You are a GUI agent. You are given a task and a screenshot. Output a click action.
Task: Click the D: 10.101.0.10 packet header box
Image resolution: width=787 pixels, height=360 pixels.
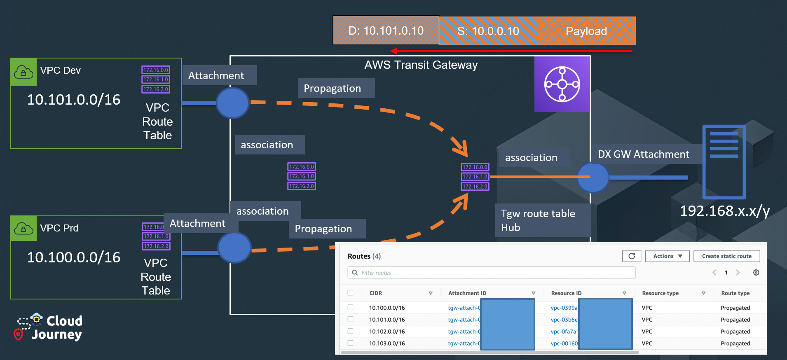[x=386, y=30]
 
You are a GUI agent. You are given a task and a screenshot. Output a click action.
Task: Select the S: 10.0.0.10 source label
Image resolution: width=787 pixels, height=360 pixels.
[x=488, y=31]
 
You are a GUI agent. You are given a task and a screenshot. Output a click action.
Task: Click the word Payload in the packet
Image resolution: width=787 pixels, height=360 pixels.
[x=586, y=31]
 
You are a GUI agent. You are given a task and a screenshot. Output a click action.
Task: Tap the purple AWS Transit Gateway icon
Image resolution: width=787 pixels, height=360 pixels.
[x=562, y=84]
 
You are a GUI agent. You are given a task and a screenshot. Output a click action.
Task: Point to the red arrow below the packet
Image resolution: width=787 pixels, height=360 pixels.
[x=511, y=51]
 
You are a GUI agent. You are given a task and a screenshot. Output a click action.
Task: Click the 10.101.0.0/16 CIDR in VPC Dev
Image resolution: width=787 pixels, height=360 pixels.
[x=74, y=100]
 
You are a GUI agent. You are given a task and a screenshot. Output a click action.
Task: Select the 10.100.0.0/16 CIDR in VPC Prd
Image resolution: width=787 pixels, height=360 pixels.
[x=74, y=257]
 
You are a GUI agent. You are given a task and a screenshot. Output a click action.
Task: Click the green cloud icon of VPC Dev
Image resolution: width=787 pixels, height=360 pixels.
[x=23, y=72]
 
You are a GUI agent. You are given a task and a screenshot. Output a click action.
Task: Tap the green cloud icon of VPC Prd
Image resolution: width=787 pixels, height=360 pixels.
[x=23, y=229]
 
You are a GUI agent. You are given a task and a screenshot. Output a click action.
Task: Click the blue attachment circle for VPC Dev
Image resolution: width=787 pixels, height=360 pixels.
[x=232, y=103]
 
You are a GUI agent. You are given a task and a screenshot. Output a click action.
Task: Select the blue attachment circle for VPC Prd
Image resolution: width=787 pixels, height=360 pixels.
[x=234, y=248]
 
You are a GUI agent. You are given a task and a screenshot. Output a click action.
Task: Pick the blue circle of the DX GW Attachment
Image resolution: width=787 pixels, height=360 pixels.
[x=593, y=178]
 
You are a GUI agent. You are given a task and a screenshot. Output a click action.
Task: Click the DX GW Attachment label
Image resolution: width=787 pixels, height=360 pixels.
[x=643, y=154]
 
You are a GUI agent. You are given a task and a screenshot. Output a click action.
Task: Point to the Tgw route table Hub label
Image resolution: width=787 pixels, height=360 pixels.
[x=538, y=220]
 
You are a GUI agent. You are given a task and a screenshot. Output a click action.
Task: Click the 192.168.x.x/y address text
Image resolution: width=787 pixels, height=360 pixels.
[x=724, y=211]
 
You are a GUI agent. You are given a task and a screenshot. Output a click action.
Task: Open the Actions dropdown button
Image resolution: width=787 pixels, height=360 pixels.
[x=667, y=256]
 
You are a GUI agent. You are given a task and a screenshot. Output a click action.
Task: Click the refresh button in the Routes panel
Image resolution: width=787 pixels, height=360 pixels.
[x=631, y=256]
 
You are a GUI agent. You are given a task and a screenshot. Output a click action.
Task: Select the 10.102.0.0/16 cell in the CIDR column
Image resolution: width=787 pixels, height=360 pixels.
[x=387, y=332]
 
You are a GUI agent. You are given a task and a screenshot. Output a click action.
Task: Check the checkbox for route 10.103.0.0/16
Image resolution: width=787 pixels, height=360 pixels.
[x=350, y=343]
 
